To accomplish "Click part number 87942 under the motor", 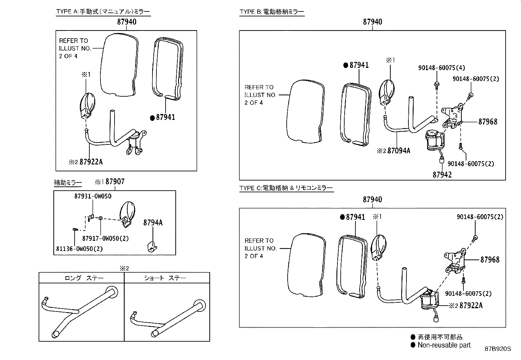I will coord(442,175).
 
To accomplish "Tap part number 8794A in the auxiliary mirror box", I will coord(153,223).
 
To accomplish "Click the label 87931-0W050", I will coord(93,196).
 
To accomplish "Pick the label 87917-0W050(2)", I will coord(105,238).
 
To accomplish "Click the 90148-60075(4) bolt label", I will coord(441,68).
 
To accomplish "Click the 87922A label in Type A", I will coord(91,162).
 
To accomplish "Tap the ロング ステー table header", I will coord(84,278).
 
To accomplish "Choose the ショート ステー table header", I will coord(165,278).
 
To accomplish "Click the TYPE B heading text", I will coord(272,12).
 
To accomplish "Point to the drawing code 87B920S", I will coord(497,349).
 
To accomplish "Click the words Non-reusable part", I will coord(444,345).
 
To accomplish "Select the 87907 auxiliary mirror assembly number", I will coord(115,182).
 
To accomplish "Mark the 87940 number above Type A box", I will coord(127,22).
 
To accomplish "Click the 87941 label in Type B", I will coord(359,65).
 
